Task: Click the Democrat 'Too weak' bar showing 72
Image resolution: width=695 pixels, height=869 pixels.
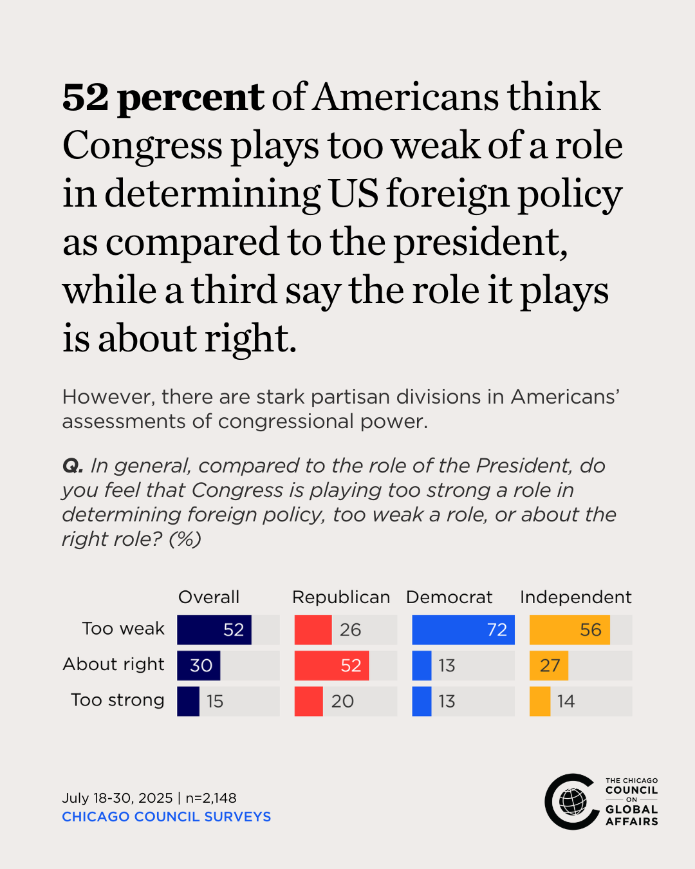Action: click(x=463, y=630)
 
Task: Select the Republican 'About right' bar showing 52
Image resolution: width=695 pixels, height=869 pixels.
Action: click(x=332, y=666)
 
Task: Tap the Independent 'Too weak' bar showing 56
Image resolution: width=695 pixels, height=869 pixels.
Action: click(x=570, y=630)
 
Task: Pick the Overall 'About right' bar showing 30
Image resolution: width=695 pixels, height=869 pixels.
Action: click(x=199, y=666)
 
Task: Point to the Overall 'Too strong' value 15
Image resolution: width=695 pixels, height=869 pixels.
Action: click(x=215, y=701)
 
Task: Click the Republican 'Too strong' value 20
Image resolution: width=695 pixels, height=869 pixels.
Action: click(x=342, y=701)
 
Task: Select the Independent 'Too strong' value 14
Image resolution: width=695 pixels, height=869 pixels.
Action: click(x=566, y=701)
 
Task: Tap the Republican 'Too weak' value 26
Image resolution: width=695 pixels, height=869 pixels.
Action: click(x=350, y=630)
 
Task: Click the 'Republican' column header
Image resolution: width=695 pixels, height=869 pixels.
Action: click(x=341, y=597)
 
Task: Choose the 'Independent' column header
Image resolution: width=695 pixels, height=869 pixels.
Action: click(x=576, y=597)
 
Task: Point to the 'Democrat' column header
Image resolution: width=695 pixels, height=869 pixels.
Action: click(x=449, y=597)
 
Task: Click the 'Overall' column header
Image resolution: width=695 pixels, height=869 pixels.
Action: click(x=208, y=597)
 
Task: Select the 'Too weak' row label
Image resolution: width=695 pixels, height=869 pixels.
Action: click(x=123, y=628)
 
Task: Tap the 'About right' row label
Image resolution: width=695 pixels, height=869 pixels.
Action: click(x=113, y=664)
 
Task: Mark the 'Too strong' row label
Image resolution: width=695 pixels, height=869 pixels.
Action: click(x=118, y=700)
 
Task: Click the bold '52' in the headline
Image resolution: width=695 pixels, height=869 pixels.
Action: click(x=86, y=98)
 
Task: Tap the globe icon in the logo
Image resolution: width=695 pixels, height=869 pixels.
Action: click(x=573, y=801)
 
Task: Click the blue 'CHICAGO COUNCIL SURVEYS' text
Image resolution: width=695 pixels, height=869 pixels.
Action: click(x=166, y=817)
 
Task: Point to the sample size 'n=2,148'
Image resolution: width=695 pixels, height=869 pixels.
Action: click(x=211, y=798)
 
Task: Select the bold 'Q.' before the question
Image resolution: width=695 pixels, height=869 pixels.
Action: click(x=72, y=465)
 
